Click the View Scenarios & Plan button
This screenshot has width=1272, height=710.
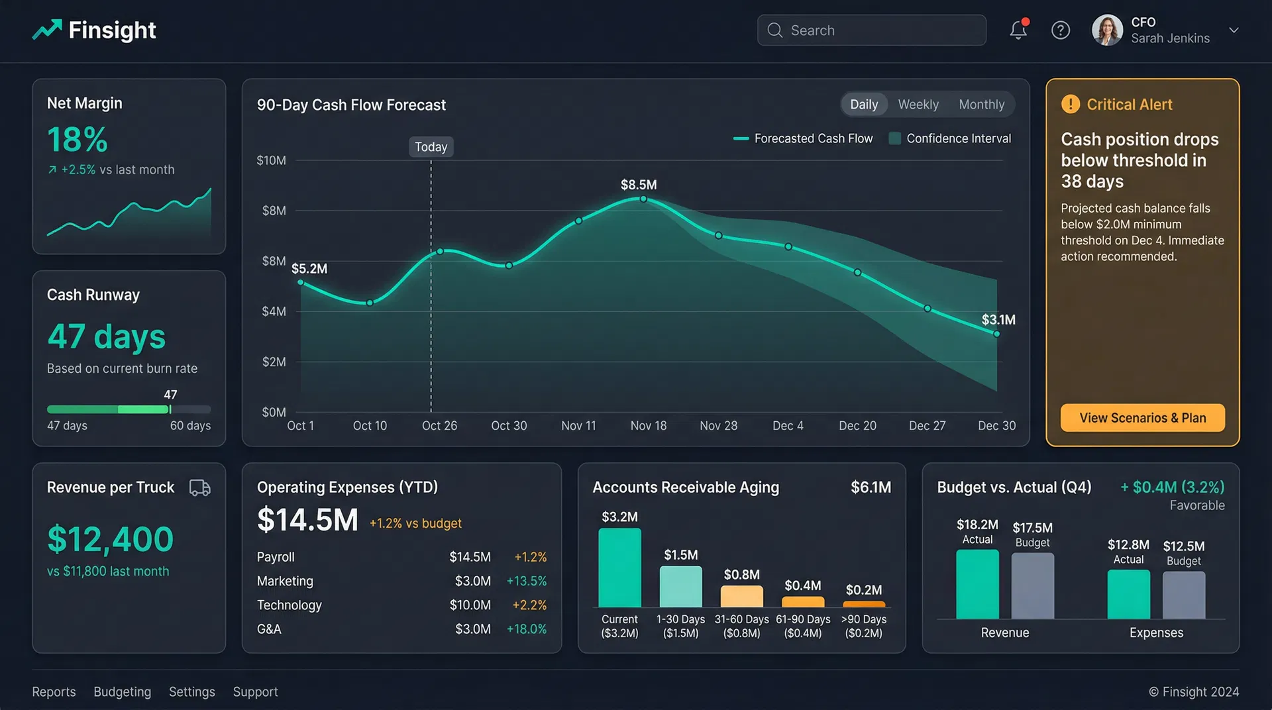1142,418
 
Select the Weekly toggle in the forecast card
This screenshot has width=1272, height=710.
918,105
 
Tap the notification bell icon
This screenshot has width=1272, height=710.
1018,30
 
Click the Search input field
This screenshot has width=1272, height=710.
871,30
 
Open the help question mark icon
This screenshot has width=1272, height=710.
1060,30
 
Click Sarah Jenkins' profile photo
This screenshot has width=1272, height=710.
1107,30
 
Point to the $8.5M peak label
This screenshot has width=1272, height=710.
638,185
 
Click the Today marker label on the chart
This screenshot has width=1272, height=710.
431,147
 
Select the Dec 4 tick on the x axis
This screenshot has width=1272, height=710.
788,426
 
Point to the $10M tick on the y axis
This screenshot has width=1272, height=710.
271,160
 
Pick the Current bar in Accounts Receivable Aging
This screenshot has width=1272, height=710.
619,568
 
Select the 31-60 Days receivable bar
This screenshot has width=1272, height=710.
741,596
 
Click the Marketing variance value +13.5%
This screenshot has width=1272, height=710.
526,581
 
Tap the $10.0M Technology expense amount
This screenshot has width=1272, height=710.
470,605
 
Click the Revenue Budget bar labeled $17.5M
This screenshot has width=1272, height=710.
1032,585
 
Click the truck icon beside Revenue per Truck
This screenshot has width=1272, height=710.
199,488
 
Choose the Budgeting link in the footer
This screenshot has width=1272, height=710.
122,691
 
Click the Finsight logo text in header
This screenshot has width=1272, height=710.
112,30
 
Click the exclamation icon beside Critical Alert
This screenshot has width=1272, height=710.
1070,104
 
